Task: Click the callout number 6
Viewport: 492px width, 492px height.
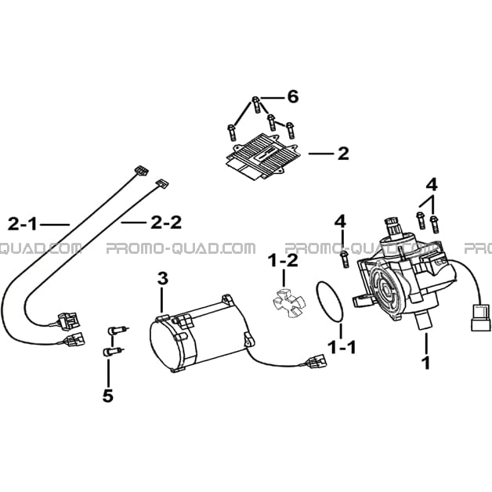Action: (293, 97)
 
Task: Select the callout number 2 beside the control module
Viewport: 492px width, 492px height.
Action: (343, 154)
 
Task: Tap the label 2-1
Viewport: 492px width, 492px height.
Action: (22, 224)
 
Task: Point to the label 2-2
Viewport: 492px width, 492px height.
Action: (166, 222)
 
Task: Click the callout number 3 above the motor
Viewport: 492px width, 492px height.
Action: (163, 279)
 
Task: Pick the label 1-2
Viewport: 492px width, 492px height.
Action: (283, 261)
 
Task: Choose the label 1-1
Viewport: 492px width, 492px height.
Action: (342, 347)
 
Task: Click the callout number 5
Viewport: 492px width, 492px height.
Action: (107, 396)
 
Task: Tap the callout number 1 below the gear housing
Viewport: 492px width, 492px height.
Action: (425, 363)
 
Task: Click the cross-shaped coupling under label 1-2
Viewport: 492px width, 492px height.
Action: (288, 302)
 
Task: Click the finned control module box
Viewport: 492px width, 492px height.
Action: (263, 157)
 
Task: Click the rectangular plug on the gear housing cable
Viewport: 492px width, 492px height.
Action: (480, 317)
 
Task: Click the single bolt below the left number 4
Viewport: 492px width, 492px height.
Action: (344, 259)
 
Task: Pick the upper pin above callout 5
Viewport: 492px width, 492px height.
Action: (117, 331)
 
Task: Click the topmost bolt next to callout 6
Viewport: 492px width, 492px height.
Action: (256, 105)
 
